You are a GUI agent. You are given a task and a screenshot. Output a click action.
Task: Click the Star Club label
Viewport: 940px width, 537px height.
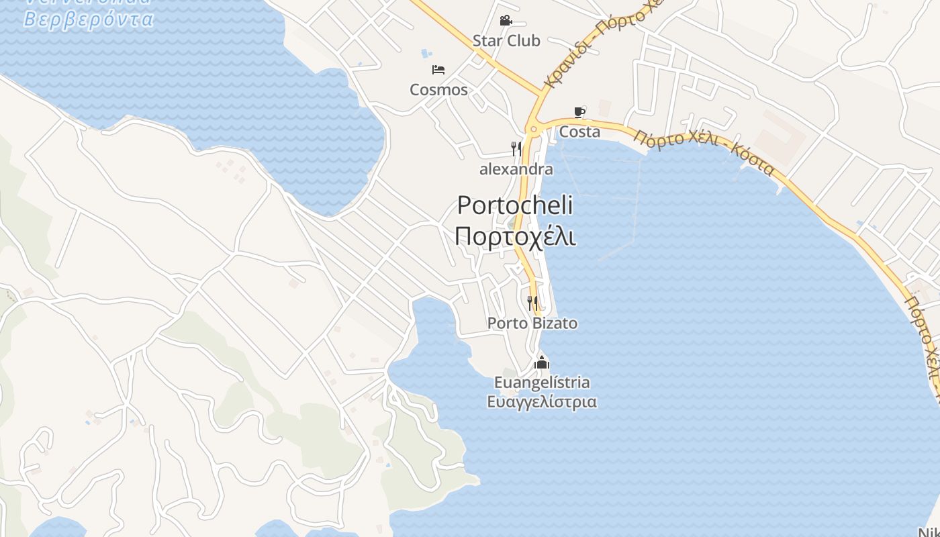tap(506, 41)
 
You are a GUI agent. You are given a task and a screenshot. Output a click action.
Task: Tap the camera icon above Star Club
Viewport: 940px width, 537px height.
tap(506, 21)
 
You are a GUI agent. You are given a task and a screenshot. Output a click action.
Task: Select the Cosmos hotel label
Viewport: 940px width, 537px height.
tap(438, 90)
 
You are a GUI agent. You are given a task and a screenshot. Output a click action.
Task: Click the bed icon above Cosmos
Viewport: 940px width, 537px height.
tap(438, 69)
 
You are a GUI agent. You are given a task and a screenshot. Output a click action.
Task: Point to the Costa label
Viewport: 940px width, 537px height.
tap(579, 132)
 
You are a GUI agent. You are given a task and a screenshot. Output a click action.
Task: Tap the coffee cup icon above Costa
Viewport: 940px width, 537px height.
tap(579, 112)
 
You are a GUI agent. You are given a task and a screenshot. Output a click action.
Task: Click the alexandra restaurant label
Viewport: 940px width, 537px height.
tap(516, 169)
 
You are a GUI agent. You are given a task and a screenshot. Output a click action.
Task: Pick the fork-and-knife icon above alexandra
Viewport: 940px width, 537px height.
tap(516, 149)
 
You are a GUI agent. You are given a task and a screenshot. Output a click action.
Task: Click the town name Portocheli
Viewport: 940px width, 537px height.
tap(515, 205)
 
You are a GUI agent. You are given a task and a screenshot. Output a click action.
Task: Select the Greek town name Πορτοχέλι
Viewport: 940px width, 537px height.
tap(515, 236)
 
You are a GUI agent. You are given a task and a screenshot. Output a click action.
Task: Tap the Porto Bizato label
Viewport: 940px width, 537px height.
tap(532, 324)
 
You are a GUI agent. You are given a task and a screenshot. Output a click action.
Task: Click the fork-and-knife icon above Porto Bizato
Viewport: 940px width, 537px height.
tap(532, 303)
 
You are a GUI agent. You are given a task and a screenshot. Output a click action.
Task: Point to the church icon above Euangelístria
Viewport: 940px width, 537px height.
tap(542, 363)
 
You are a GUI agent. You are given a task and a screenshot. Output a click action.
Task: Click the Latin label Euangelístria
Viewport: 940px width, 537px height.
tap(542, 383)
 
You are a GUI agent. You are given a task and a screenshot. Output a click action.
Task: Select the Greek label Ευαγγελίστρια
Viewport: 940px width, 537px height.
tap(542, 402)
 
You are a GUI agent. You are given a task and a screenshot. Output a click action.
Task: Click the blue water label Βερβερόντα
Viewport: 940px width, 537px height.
tap(89, 18)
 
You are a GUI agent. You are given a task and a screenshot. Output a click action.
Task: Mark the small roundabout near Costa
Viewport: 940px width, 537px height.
tap(534, 128)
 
